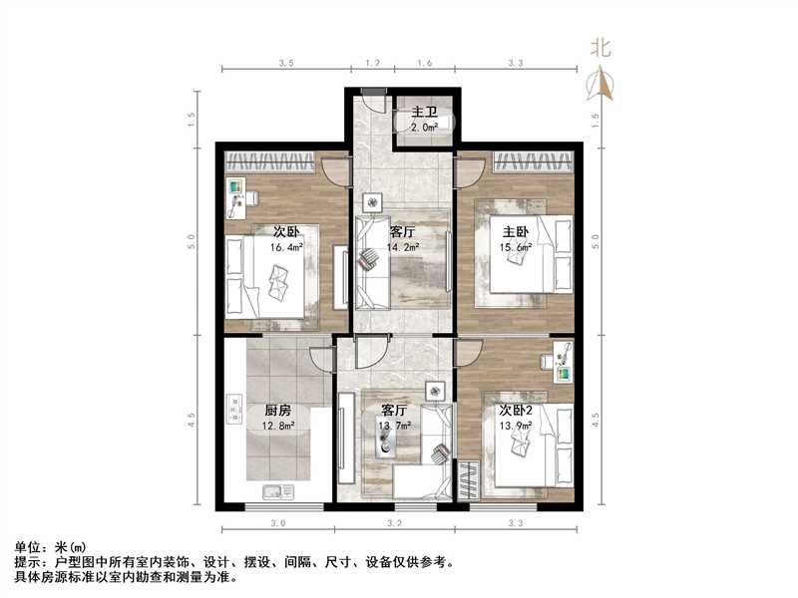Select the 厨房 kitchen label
[278, 410]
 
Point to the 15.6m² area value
[517, 247]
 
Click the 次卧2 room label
[515, 410]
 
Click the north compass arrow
[602, 84]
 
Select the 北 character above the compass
[600, 46]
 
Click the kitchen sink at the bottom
[275, 490]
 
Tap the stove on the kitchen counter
[236, 409]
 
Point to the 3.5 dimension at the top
[285, 62]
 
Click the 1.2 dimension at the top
[372, 62]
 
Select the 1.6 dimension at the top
[424, 62]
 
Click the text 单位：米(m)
[49, 547]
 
